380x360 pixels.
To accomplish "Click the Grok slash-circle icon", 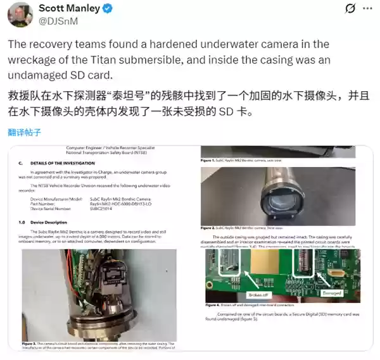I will tap(348, 9).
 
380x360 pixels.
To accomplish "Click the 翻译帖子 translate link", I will tap(25, 132).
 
